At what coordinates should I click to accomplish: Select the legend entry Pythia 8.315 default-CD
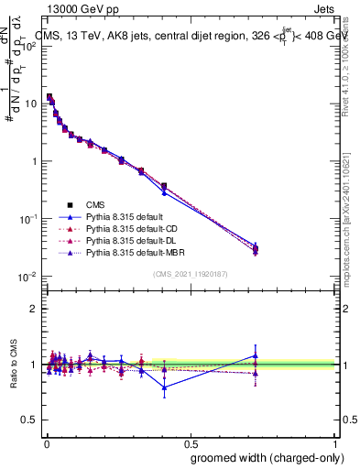(x=131, y=227)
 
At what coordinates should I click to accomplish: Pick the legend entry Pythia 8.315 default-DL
(x=130, y=239)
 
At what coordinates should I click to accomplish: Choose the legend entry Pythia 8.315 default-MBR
(x=133, y=251)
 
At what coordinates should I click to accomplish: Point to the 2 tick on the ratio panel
(x=33, y=309)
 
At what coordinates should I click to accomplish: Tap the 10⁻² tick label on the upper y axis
(x=27, y=277)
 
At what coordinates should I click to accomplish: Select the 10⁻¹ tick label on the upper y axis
(x=27, y=219)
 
